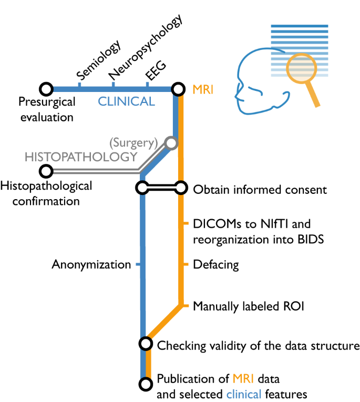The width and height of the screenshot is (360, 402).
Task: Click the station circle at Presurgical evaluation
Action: [46, 89]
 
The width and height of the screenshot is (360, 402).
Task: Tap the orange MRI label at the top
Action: [203, 90]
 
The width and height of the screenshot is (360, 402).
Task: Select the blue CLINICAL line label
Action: [127, 101]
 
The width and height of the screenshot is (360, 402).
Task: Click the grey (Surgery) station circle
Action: [170, 142]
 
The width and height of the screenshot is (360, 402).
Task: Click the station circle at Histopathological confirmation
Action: [46, 171]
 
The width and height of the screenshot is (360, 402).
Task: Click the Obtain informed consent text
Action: [260, 189]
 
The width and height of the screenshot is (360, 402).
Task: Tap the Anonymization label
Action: [91, 264]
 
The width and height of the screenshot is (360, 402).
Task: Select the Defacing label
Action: [216, 264]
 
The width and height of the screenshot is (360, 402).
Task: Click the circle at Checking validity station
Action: [145, 344]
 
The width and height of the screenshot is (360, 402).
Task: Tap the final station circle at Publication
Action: [145, 385]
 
